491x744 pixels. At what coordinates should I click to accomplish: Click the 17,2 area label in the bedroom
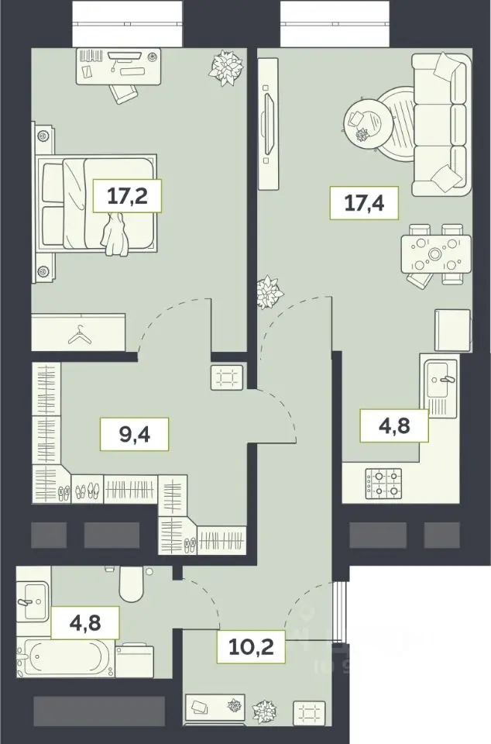pyautogui.click(x=128, y=195)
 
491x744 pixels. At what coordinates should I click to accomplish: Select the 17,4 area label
pyautogui.click(x=364, y=203)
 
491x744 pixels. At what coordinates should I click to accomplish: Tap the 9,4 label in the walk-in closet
pyautogui.click(x=135, y=434)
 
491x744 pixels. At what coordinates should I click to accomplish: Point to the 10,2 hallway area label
pyautogui.click(x=251, y=646)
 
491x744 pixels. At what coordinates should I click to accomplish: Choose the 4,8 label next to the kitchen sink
pyautogui.click(x=394, y=425)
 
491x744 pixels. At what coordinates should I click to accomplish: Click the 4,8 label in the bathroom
pyautogui.click(x=85, y=622)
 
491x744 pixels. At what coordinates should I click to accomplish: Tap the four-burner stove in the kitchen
pyautogui.click(x=383, y=484)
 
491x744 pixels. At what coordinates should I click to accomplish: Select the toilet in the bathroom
pyautogui.click(x=131, y=583)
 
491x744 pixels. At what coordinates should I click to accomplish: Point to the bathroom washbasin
pyautogui.click(x=33, y=601)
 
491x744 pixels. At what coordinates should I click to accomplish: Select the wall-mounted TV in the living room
pyautogui.click(x=269, y=124)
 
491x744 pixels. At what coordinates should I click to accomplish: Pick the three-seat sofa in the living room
pyautogui.click(x=441, y=124)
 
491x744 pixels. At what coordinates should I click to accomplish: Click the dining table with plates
pyautogui.click(x=436, y=254)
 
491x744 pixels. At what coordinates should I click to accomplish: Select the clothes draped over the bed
pyautogui.click(x=114, y=235)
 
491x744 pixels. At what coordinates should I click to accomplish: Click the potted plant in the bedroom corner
pyautogui.click(x=227, y=68)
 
